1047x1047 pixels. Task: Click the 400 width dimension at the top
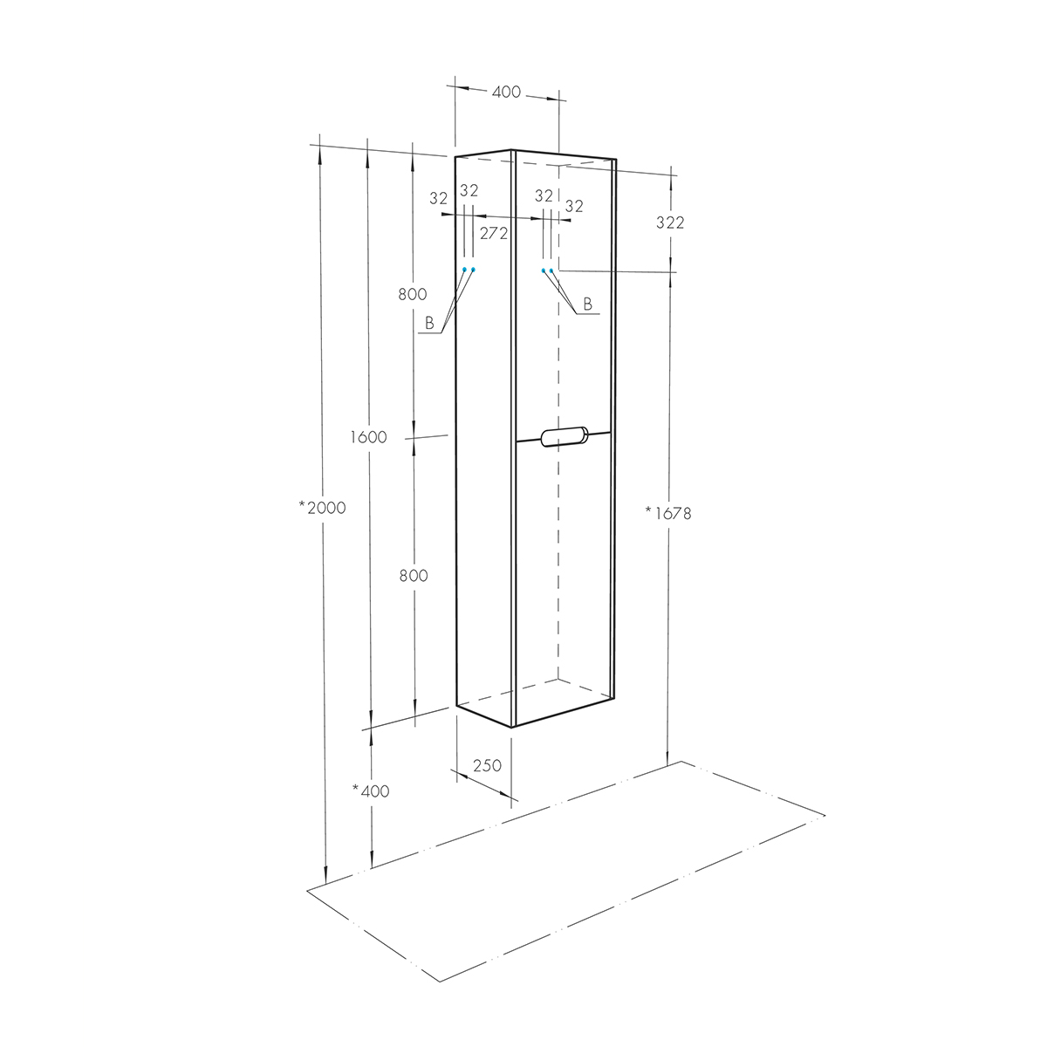[506, 92]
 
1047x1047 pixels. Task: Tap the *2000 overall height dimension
[322, 508]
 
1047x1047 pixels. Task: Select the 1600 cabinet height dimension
[368, 437]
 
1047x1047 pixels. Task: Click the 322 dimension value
[670, 222]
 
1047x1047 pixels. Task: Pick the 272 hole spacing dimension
[493, 233]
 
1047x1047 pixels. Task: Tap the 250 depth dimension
[487, 765]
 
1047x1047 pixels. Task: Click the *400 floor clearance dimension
[371, 791]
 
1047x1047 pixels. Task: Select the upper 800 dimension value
[413, 294]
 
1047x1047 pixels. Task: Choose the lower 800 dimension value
[414, 575]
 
